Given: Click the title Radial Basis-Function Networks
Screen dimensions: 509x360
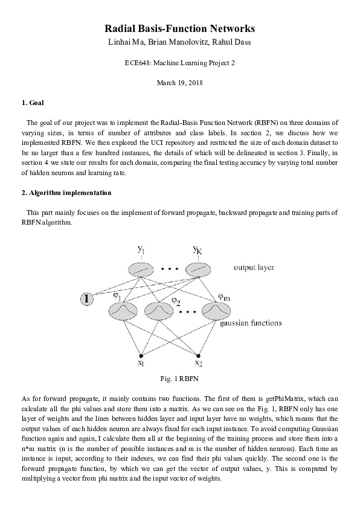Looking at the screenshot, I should pyautogui.click(x=180, y=28).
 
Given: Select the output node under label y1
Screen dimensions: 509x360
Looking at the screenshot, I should pyautogui.click(x=140, y=269).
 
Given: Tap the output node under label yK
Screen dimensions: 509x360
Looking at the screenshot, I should pyautogui.click(x=196, y=269).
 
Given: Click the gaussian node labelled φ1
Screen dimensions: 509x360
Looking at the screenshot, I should pyautogui.click(x=123, y=310).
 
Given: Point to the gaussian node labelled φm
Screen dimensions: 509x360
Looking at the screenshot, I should pyautogui.click(x=216, y=310).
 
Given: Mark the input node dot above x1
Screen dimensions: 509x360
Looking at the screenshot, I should pyautogui.click(x=141, y=355).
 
